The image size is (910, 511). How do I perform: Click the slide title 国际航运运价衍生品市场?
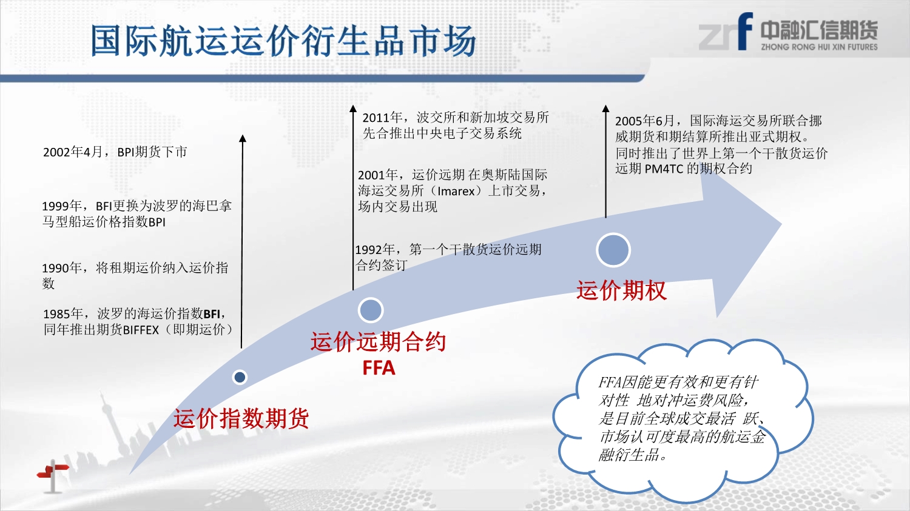click(283, 41)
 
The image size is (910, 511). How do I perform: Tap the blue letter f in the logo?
click(745, 31)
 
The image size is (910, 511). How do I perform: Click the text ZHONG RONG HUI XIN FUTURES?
click(819, 47)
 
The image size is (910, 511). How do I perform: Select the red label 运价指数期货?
click(241, 418)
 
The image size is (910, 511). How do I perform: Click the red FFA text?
click(379, 368)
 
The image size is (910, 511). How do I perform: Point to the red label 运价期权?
click(622, 290)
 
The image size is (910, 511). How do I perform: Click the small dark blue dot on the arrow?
click(240, 377)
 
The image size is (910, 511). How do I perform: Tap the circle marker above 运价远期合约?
click(371, 310)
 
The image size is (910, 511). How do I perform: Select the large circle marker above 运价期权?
click(613, 250)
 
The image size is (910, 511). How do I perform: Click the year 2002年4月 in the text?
click(73, 152)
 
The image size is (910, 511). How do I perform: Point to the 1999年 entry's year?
click(62, 206)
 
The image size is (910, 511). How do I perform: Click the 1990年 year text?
click(62, 268)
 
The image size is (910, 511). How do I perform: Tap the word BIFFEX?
click(141, 330)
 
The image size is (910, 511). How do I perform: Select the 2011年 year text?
click(382, 118)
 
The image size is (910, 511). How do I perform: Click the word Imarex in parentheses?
click(456, 191)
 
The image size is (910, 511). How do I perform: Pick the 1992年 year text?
click(375, 250)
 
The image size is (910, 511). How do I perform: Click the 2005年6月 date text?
click(645, 121)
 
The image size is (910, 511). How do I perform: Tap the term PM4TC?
click(664, 169)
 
